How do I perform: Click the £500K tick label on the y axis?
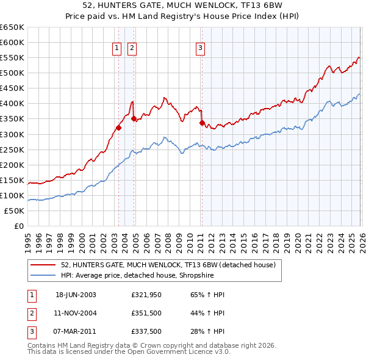[x=12, y=73]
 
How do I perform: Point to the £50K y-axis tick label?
[x=13, y=211]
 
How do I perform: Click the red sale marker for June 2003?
[x=118, y=128]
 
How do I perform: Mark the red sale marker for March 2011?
[x=202, y=123]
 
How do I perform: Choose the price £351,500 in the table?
[x=145, y=312]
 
